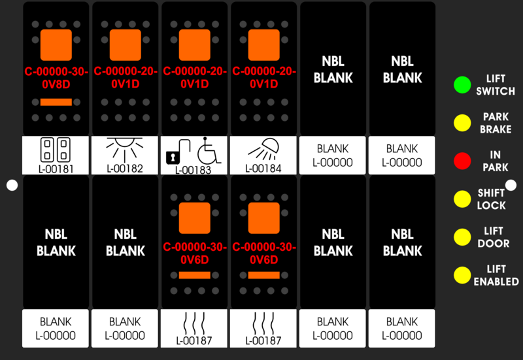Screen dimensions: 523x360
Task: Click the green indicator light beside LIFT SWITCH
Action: pyautogui.click(x=462, y=85)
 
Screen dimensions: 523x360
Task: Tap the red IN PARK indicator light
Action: pyautogui.click(x=462, y=161)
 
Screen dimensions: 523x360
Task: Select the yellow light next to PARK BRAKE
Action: pyautogui.click(x=462, y=123)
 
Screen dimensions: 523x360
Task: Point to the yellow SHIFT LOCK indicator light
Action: pyautogui.click(x=462, y=199)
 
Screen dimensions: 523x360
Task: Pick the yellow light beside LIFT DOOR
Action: pyautogui.click(x=462, y=237)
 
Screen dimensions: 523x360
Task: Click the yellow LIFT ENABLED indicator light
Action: pyautogui.click(x=462, y=275)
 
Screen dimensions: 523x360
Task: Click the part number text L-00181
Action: pyautogui.click(x=56, y=169)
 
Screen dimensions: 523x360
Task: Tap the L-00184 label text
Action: pyautogui.click(x=263, y=169)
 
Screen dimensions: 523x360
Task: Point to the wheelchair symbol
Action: pyautogui.click(x=209, y=150)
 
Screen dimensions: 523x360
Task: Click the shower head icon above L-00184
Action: pyautogui.click(x=264, y=150)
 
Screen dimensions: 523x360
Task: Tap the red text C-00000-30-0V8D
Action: pyautogui.click(x=56, y=78)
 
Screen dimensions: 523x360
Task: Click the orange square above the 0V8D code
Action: pyautogui.click(x=56, y=45)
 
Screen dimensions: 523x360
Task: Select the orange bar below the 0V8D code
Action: pyautogui.click(x=56, y=102)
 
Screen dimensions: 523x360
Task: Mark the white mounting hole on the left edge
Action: pyautogui.click(x=12, y=186)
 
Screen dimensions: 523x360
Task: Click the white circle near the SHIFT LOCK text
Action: pyautogui.click(x=511, y=185)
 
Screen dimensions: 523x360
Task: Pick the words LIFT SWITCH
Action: pyautogui.click(x=496, y=85)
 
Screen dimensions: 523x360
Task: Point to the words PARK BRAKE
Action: pyautogui.click(x=496, y=123)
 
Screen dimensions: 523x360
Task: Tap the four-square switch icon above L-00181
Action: pyautogui.click(x=56, y=150)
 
